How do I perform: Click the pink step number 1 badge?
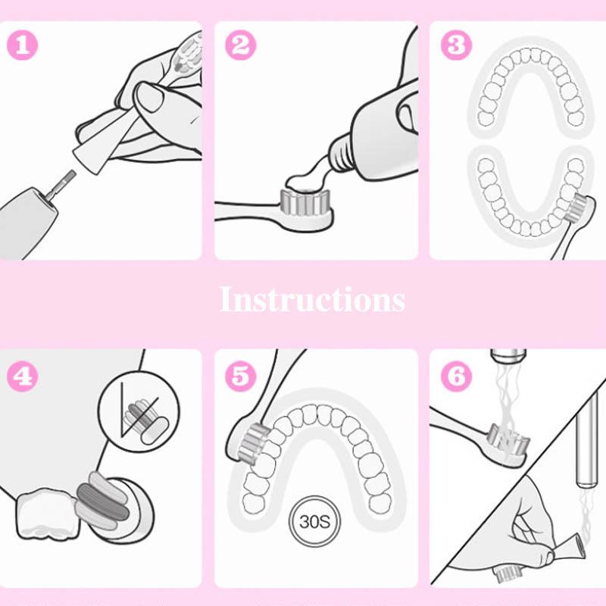pyautogui.click(x=23, y=45)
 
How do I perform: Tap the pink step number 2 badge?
pyautogui.click(x=240, y=45)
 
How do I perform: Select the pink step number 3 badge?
pyautogui.click(x=455, y=45)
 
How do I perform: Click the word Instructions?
pyautogui.click(x=312, y=300)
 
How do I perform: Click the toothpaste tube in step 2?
pyautogui.click(x=371, y=136)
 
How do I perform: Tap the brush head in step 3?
pyautogui.click(x=580, y=207)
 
